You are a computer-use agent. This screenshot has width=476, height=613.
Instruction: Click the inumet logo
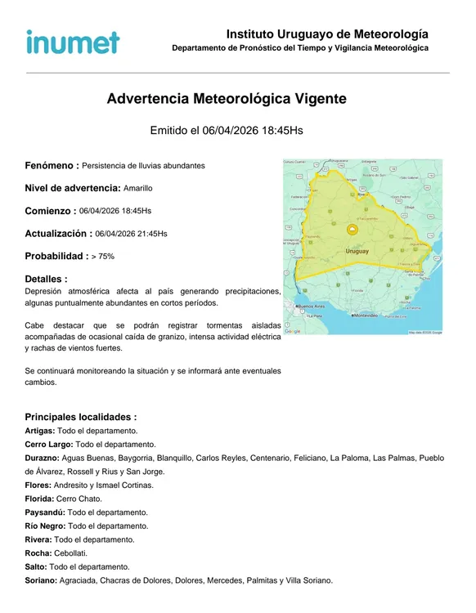pyautogui.click(x=73, y=42)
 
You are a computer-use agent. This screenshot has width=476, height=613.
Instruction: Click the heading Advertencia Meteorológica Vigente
pyautogui.click(x=227, y=99)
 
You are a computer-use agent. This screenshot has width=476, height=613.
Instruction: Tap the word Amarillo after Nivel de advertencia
pyautogui.click(x=138, y=188)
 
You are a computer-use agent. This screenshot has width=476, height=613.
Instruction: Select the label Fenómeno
pyautogui.click(x=52, y=166)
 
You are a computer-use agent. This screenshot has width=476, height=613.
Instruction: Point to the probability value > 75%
pyautogui.click(x=103, y=256)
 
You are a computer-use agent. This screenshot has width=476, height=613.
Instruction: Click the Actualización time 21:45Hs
pyautogui.click(x=148, y=234)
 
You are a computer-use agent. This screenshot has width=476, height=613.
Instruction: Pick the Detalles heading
pyautogui.click(x=46, y=280)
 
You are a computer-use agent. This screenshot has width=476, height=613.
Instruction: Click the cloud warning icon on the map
pyautogui.click(x=352, y=230)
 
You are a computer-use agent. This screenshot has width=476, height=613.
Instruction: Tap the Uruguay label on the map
pyautogui.click(x=357, y=251)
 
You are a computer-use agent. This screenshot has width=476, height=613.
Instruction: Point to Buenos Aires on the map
pyautogui.click(x=314, y=306)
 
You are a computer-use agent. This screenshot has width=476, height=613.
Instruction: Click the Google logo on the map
pyautogui.click(x=293, y=331)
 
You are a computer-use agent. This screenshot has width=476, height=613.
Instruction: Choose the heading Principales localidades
pyautogui.click(x=80, y=417)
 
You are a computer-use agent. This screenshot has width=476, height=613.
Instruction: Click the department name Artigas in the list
pyautogui.click(x=40, y=431)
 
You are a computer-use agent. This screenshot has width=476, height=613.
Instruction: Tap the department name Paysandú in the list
pyautogui.click(x=45, y=512)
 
